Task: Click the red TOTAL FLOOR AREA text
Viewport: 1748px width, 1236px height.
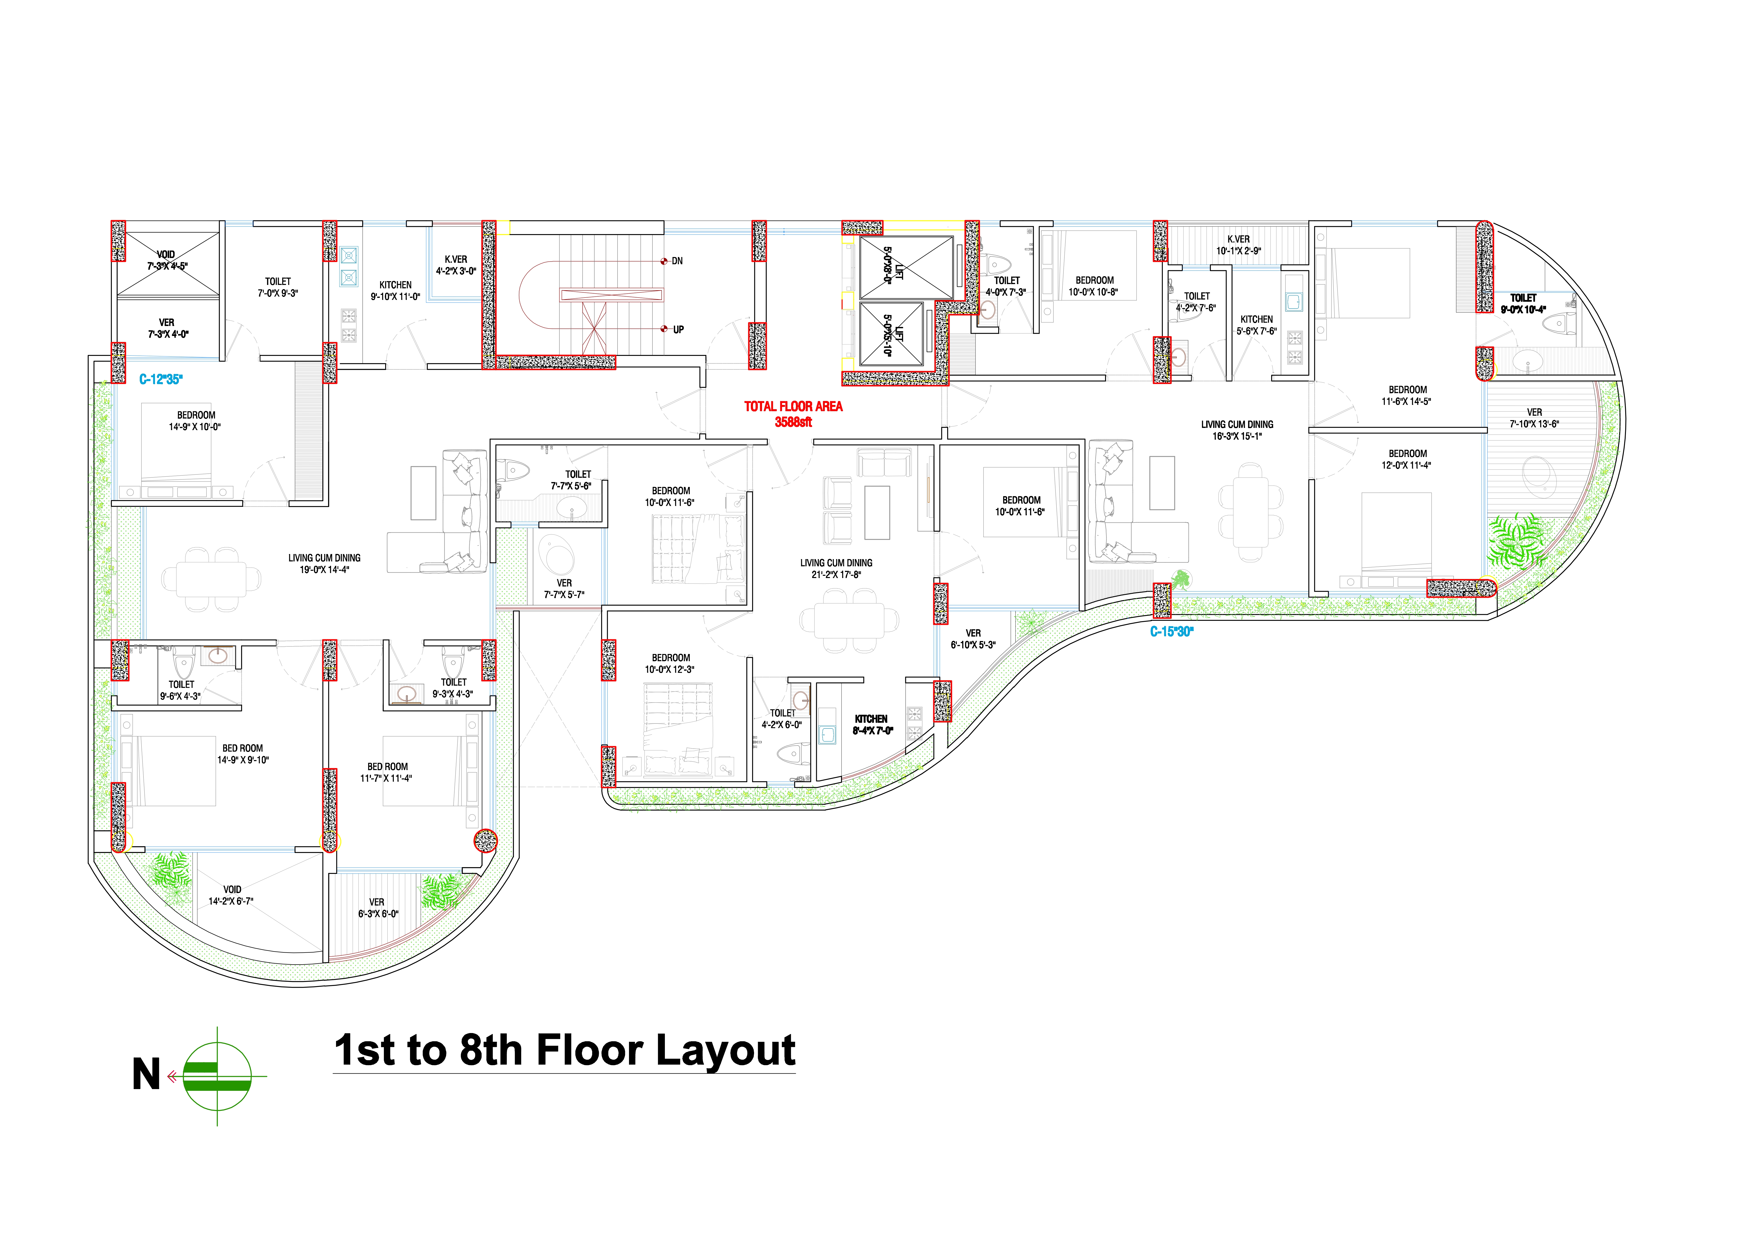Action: point(793,406)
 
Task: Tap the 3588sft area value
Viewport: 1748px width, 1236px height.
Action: point(793,422)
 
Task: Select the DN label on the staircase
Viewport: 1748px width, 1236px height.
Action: point(677,261)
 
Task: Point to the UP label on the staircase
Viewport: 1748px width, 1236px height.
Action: point(678,329)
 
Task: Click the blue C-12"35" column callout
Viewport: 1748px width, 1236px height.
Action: point(161,379)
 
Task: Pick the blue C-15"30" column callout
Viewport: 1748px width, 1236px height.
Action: point(1172,632)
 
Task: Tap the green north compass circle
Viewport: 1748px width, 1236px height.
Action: point(218,1075)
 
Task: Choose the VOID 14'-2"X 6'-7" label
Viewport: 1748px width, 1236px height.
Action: point(231,895)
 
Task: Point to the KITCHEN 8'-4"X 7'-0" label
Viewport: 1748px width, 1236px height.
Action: point(872,724)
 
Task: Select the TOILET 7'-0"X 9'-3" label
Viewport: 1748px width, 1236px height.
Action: point(278,287)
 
